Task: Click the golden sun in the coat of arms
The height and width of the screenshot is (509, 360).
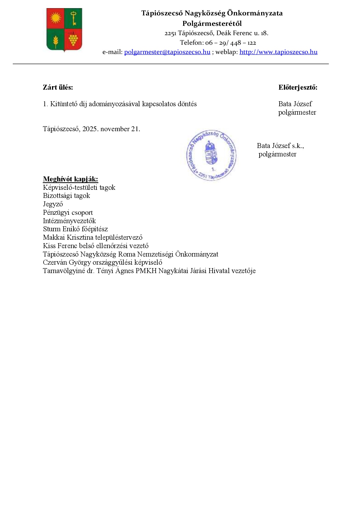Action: point(55,18)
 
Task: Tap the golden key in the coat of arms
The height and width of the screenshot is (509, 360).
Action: point(73,18)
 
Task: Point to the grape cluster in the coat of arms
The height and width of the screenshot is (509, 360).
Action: point(73,39)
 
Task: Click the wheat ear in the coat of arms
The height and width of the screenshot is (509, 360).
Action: point(55,40)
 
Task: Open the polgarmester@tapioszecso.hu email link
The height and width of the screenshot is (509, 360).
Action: point(167,52)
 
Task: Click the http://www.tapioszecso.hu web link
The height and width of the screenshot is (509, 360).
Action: point(278,52)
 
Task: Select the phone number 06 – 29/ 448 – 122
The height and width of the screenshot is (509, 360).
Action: point(231,43)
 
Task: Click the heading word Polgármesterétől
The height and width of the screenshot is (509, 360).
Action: point(212,24)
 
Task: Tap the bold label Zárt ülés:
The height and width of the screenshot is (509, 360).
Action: point(58,87)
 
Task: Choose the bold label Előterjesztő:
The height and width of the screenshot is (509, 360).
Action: point(298,87)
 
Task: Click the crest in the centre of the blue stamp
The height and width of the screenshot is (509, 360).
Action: point(211,153)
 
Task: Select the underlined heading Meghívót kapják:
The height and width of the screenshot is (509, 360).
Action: point(71,179)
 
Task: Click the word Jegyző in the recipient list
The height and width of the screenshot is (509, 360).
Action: point(53,204)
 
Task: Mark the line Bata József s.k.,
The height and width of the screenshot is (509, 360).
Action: point(280,146)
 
